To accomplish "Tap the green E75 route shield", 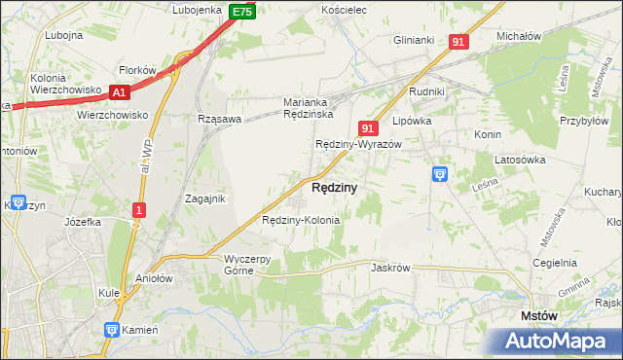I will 242,12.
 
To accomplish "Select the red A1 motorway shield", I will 120,92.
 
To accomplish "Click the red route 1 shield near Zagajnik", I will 140,209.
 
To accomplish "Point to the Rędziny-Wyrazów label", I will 358,144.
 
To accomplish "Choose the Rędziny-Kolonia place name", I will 301,220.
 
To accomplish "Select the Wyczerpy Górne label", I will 252,265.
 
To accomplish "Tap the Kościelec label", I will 343,9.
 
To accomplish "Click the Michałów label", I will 518,36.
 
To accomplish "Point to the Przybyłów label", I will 583,109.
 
